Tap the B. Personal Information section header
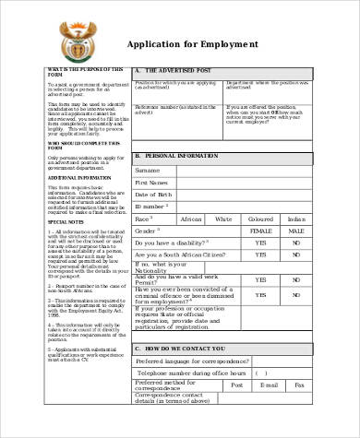(179, 157)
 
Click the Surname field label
(148, 170)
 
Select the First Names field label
(151, 183)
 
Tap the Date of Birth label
(153, 195)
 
